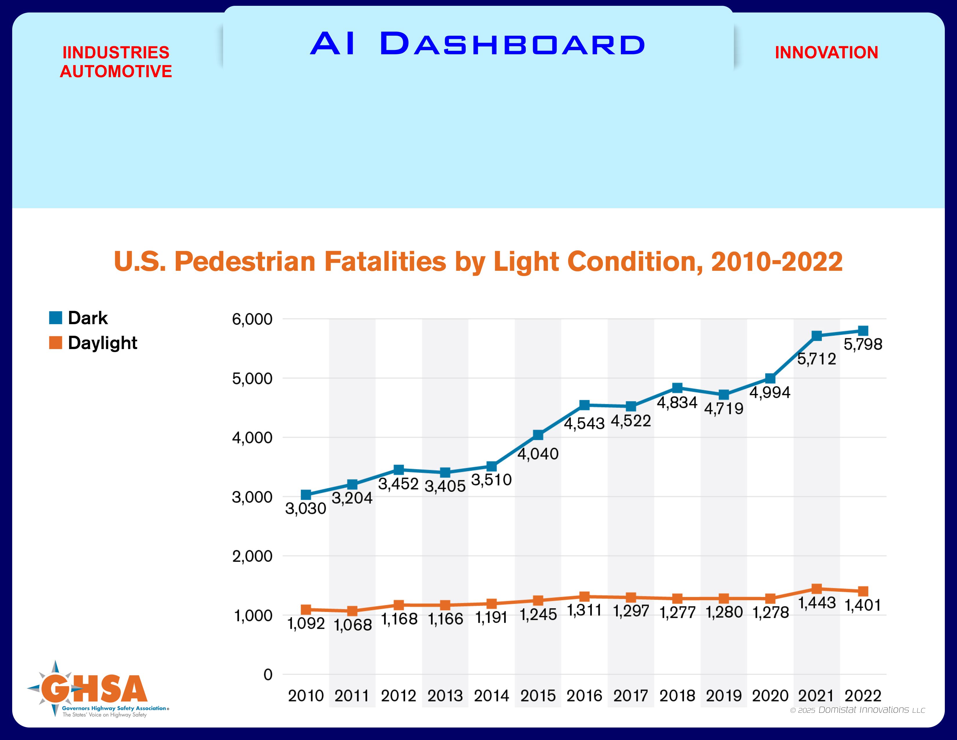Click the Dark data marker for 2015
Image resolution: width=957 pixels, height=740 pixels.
point(538,435)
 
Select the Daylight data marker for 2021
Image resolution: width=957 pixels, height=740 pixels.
point(816,589)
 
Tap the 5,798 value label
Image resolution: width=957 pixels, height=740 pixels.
point(863,344)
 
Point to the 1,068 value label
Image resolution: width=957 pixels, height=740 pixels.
point(353,625)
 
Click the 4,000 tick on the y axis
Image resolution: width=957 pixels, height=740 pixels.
point(252,438)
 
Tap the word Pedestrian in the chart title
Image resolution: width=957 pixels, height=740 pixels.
point(244,262)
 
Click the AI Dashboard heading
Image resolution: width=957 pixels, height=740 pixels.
point(478,44)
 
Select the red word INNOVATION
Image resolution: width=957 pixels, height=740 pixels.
point(826,53)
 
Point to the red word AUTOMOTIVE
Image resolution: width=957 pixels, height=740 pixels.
point(116,71)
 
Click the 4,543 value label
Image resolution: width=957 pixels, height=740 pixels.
point(584,423)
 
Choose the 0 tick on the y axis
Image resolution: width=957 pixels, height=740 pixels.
point(268,675)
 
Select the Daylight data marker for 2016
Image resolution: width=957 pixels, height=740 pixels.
point(584,597)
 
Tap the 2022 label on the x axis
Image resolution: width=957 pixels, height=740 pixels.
point(863,696)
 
